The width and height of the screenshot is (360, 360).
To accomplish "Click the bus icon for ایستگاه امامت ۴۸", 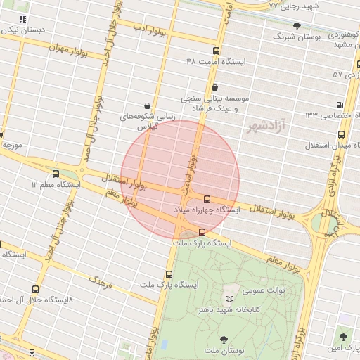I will point(216,51).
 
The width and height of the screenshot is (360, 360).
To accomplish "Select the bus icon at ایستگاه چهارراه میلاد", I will point(207,199).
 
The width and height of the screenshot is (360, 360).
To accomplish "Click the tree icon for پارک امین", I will point(344,337).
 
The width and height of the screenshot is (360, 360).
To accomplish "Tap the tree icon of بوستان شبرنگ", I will point(297,26).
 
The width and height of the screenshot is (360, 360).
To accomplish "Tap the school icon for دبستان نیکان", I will point(23,19).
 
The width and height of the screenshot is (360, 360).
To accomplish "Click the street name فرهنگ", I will point(100,282).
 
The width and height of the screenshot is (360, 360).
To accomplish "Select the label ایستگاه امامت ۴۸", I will point(216,62).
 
